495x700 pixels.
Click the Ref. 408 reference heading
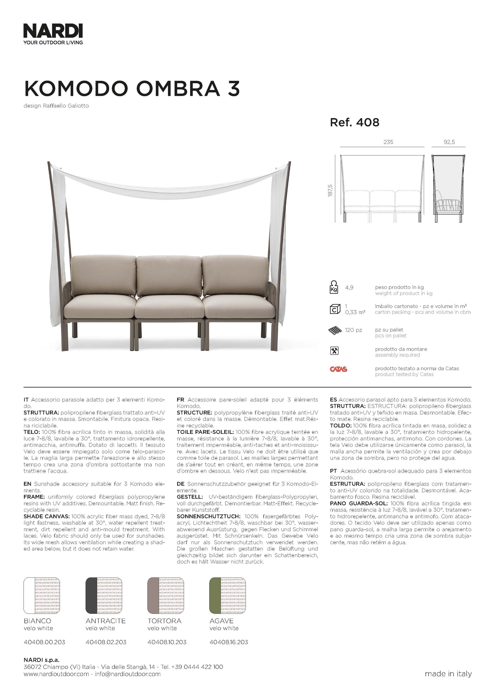355,123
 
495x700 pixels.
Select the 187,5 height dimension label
330,191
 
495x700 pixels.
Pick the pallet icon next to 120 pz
335,330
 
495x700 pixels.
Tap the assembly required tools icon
334,351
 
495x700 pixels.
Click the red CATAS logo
338,369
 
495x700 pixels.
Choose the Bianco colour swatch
42,595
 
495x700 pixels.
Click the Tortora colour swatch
166,595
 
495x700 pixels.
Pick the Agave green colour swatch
227,595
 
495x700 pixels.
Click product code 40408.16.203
229,642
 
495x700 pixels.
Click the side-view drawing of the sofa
448,188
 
